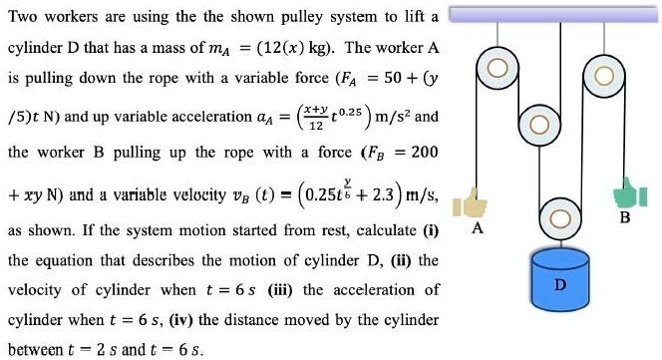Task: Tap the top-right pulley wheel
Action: point(603,76)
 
